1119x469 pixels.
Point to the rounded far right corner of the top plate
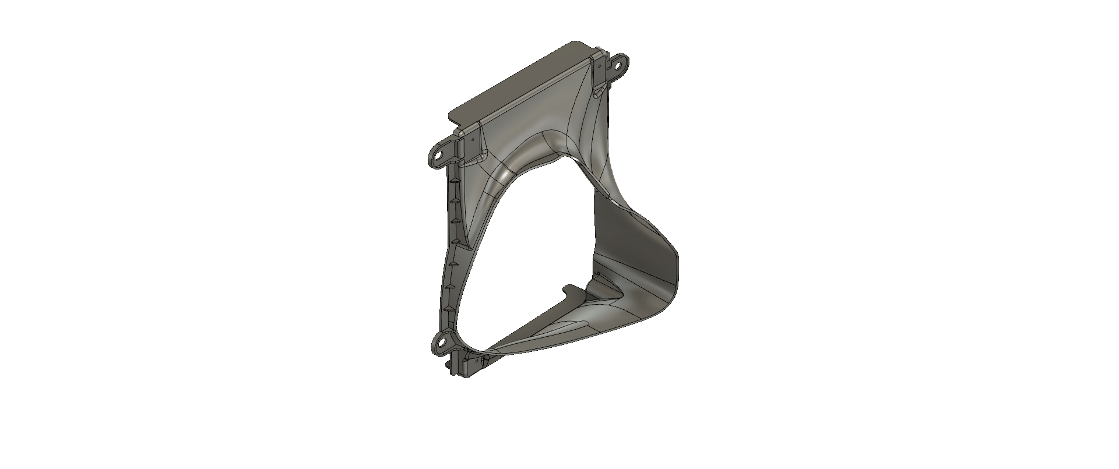coord(577,44)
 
